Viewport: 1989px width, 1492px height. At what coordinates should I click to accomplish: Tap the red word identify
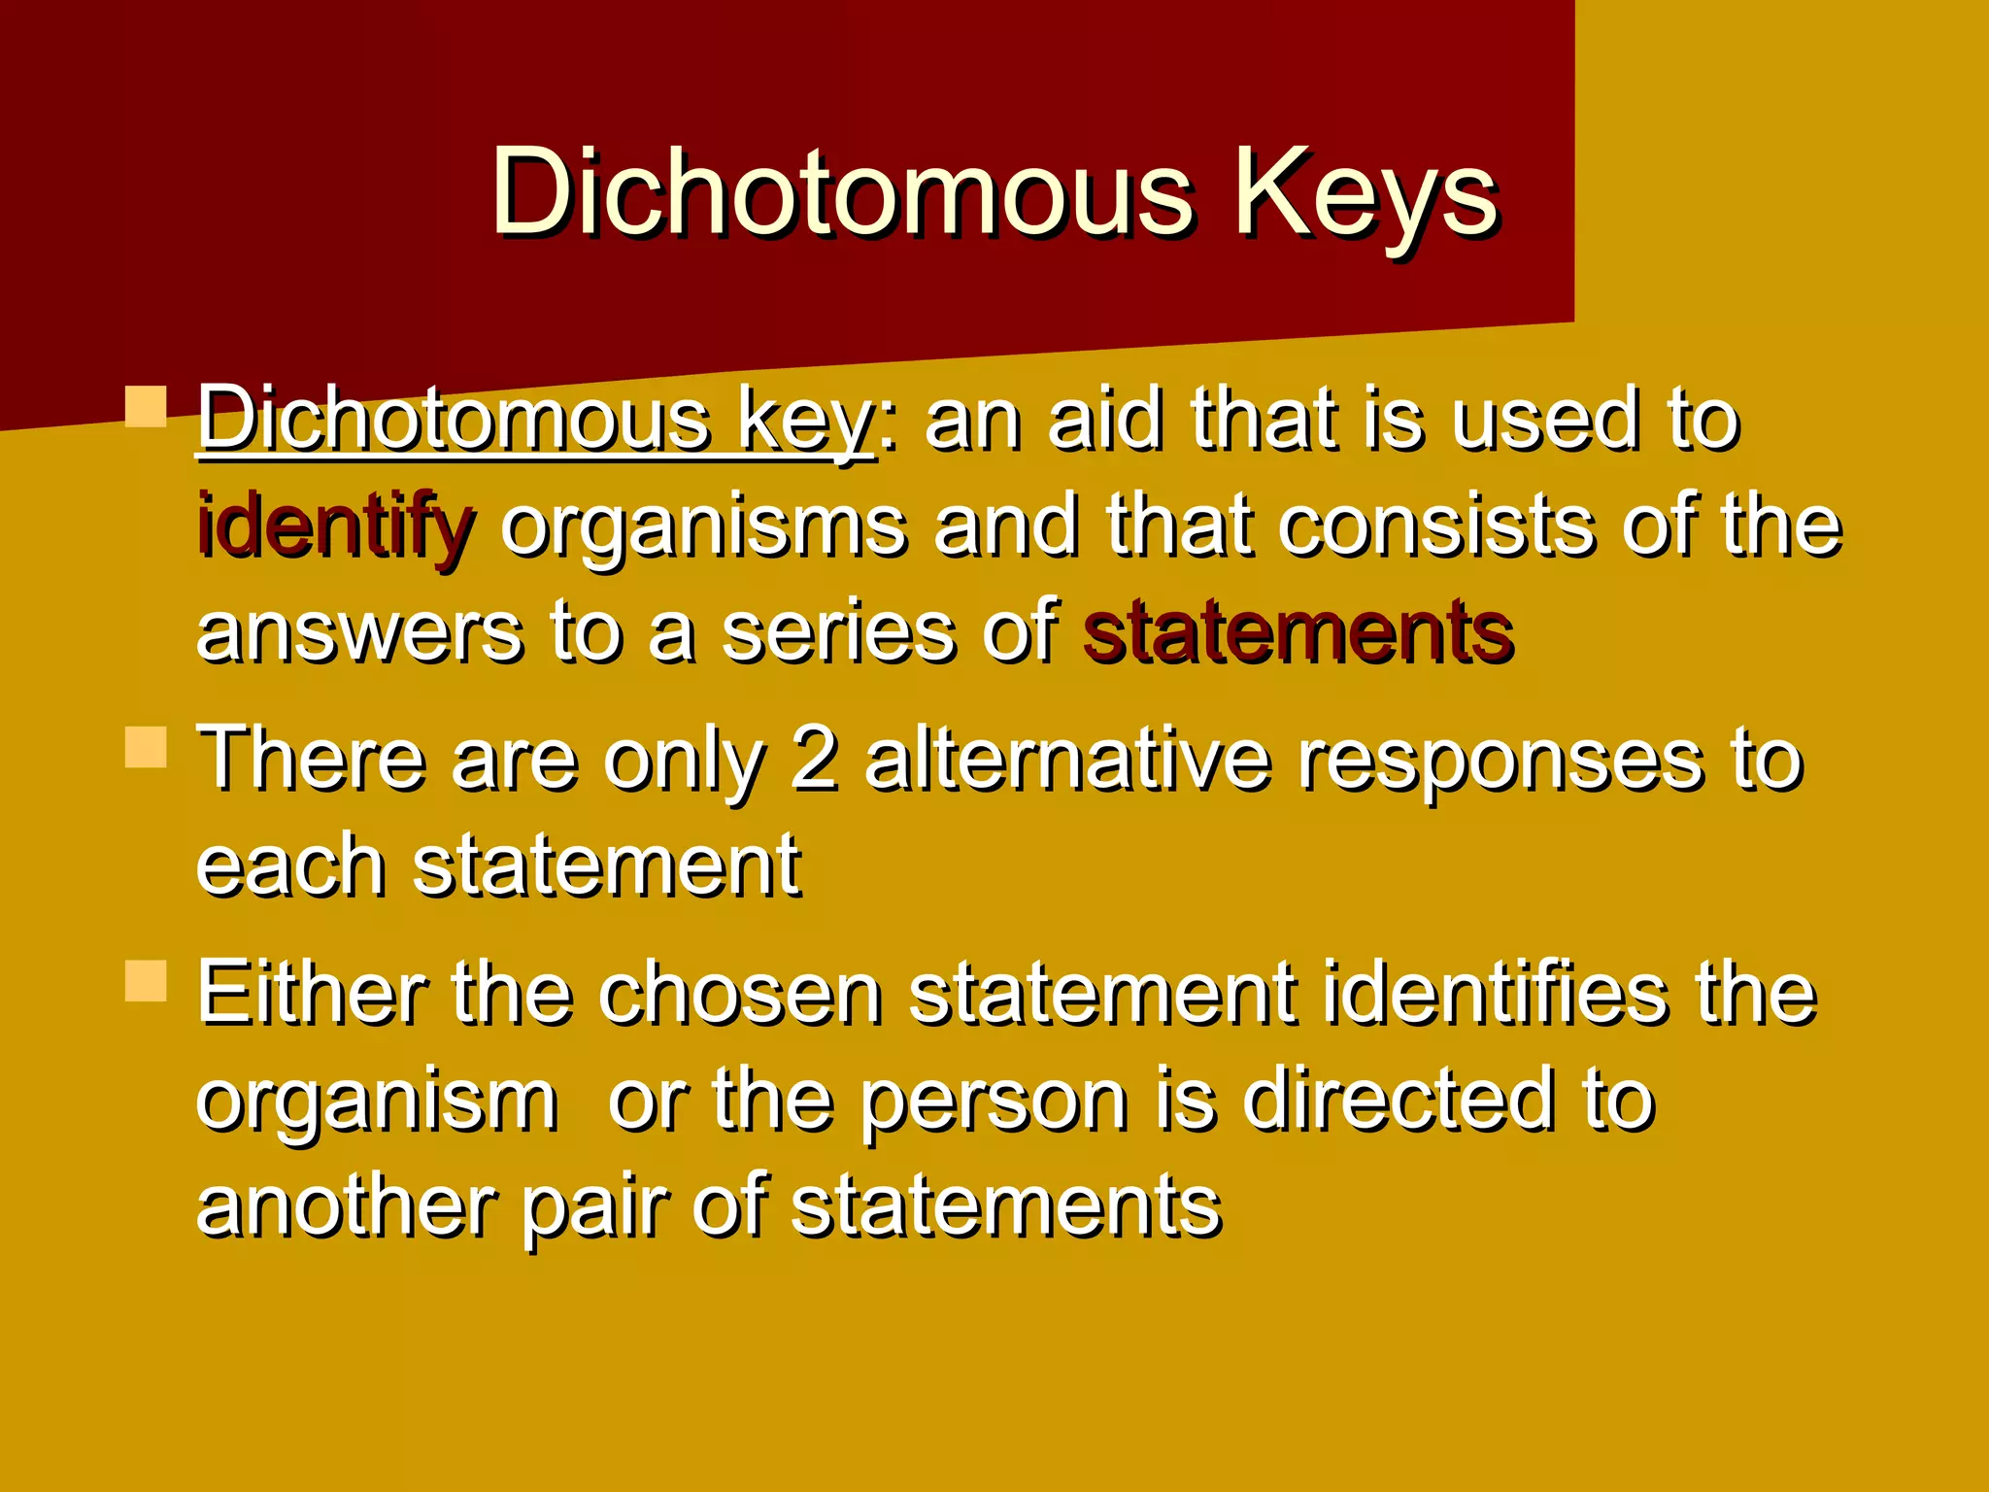pos(335,526)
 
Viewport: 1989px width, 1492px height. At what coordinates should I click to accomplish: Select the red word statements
pos(1298,632)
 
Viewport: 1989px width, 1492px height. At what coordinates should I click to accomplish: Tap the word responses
pos(1500,761)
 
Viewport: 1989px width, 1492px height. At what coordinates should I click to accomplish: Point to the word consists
pos(1437,526)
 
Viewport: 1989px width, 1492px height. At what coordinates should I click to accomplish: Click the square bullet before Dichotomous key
pos(147,407)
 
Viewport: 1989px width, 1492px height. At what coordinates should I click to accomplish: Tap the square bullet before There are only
pos(147,747)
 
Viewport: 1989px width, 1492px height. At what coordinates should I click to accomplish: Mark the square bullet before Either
pos(147,980)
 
